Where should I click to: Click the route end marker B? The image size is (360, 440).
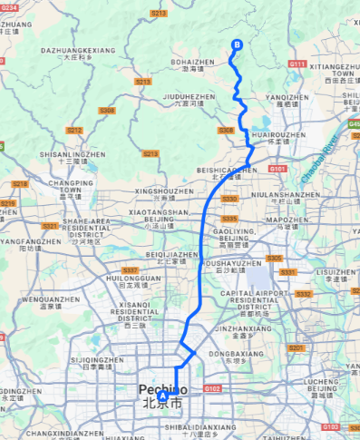238,44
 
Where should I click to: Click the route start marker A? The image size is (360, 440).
163,396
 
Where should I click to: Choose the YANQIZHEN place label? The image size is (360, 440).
287,96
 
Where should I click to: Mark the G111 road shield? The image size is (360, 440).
297,64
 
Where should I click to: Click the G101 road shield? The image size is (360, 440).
277,169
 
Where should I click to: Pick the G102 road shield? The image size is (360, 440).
213,388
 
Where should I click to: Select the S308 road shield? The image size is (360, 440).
108,111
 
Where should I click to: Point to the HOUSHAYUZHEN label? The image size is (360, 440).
238,263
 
